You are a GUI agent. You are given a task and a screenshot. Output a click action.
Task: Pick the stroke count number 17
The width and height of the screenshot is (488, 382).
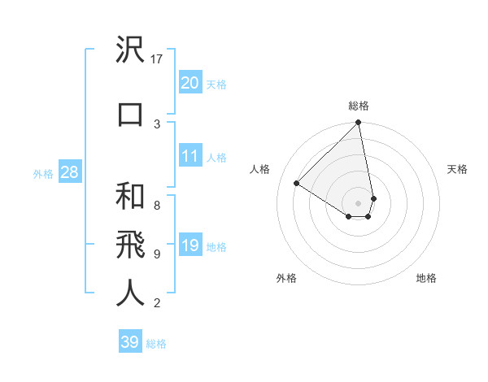158,59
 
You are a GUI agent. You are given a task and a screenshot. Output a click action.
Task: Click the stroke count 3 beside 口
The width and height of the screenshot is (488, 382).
157,124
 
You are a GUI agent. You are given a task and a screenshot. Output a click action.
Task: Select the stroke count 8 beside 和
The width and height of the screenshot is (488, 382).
157,205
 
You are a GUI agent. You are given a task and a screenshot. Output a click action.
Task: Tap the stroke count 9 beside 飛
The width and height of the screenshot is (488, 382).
157,254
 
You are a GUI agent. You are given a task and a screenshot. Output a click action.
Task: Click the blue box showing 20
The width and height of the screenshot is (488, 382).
190,83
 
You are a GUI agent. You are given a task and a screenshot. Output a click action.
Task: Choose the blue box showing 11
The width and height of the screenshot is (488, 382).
190,156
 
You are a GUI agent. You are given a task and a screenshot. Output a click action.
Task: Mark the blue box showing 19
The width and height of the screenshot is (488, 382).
190,245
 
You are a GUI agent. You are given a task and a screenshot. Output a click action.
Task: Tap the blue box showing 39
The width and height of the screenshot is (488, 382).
130,342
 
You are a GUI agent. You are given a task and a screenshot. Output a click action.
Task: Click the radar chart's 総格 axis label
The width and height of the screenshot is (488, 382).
359,106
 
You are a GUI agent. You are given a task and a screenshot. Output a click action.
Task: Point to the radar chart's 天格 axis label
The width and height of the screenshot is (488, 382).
457,169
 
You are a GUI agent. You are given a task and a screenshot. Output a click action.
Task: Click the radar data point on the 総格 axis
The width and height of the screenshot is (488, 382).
359,124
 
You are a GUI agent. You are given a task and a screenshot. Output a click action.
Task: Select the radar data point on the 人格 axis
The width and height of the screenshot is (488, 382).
297,184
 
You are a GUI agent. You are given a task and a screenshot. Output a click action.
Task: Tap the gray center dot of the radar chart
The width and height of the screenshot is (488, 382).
359,202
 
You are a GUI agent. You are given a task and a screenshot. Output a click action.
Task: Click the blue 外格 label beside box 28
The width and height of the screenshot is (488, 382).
43,173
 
